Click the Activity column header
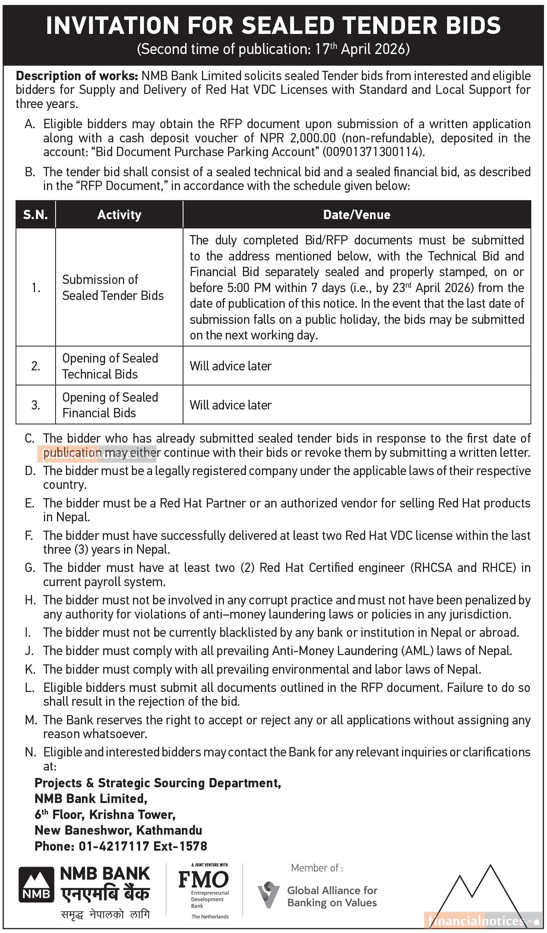(x=119, y=215)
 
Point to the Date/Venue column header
(x=357, y=215)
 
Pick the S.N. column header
(x=35, y=215)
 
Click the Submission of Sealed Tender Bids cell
(x=113, y=287)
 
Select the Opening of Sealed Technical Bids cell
(x=110, y=366)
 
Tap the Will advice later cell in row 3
(x=231, y=405)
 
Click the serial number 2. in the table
(x=36, y=366)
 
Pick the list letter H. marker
(x=30, y=600)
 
